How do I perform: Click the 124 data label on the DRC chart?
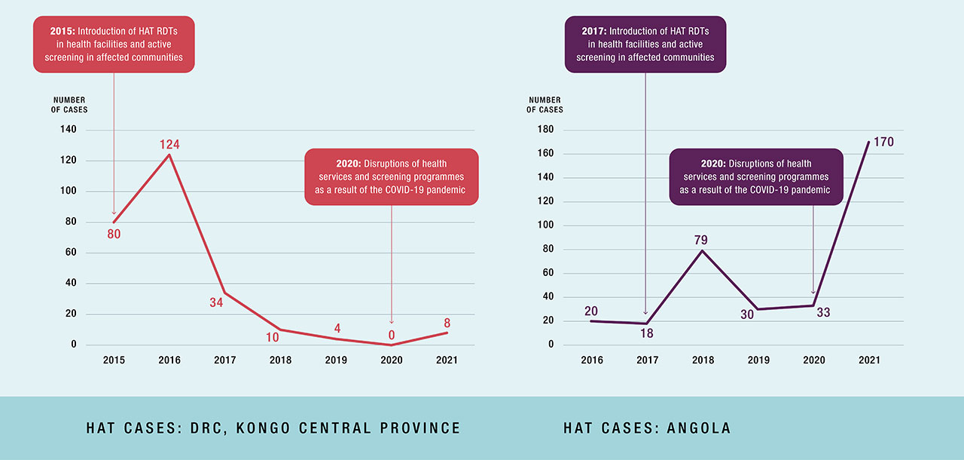click(169, 144)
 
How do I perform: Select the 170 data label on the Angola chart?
click(883, 142)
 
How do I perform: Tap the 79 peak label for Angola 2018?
click(701, 240)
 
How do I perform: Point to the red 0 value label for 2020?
click(392, 334)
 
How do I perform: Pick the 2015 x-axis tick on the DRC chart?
click(114, 360)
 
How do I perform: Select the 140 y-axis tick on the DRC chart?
click(68, 130)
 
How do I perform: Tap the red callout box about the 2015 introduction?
click(114, 44)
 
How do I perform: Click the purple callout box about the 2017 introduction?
click(645, 44)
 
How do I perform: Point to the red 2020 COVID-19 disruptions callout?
click(392, 176)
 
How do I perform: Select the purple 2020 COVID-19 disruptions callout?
click(755, 176)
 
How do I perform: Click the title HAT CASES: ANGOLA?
click(647, 428)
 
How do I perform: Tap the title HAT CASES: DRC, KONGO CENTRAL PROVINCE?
click(273, 428)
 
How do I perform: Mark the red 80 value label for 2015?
click(114, 234)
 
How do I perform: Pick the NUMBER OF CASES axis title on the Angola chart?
click(545, 105)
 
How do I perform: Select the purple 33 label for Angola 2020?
click(823, 311)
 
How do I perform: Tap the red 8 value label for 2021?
click(447, 323)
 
